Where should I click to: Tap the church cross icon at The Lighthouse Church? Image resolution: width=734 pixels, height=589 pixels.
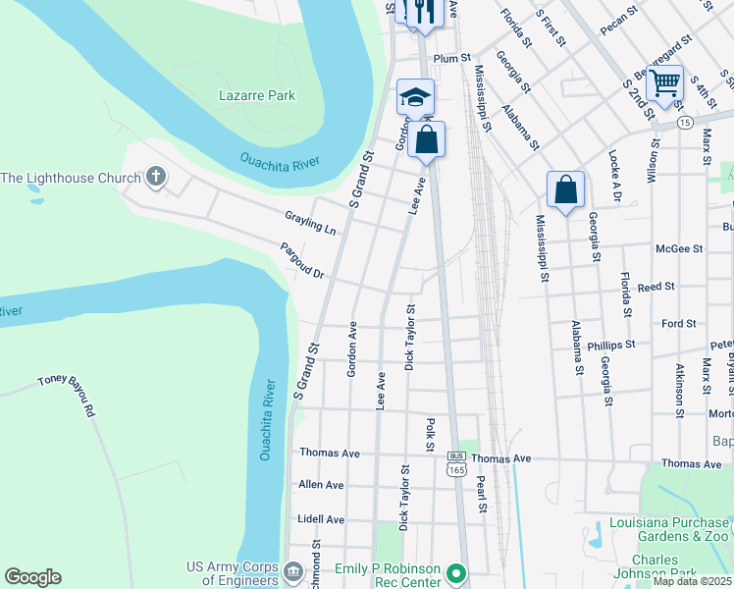pyautogui.click(x=154, y=178)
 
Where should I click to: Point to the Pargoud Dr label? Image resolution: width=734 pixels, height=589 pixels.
pyautogui.click(x=302, y=261)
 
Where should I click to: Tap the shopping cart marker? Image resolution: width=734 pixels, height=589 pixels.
pyautogui.click(x=664, y=82)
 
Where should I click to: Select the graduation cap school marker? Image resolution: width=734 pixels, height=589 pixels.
pyautogui.click(x=415, y=97)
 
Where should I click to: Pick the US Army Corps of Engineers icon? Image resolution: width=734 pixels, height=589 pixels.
pyautogui.click(x=292, y=569)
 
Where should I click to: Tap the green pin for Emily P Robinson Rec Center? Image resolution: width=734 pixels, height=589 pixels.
pyautogui.click(x=454, y=571)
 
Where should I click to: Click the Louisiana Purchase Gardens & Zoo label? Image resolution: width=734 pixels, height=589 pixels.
pyautogui.click(x=670, y=529)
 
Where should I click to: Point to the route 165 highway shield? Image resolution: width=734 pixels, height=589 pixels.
pyautogui.click(x=455, y=470)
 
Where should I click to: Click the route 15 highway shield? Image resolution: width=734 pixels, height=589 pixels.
pyautogui.click(x=684, y=122)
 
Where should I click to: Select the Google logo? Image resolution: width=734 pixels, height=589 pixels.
pyautogui.click(x=32, y=577)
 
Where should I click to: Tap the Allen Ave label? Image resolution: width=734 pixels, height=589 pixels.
pyautogui.click(x=321, y=485)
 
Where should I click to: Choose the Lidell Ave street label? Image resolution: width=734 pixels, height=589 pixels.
pyautogui.click(x=321, y=519)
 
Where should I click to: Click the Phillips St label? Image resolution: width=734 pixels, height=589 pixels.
pyautogui.click(x=611, y=346)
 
